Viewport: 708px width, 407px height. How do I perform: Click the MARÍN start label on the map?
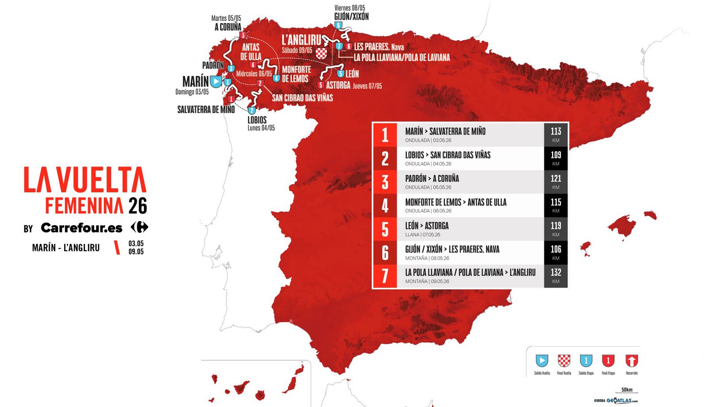click(x=195, y=81)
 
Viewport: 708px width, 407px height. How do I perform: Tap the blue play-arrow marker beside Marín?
click(x=215, y=82)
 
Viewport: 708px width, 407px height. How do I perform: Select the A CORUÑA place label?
click(x=228, y=27)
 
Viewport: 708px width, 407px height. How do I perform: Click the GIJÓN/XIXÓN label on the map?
click(x=351, y=17)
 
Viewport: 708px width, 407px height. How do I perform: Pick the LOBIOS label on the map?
click(x=257, y=120)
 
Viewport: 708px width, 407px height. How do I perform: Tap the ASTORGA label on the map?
click(x=338, y=85)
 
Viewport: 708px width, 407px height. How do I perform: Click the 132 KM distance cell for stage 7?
click(x=556, y=276)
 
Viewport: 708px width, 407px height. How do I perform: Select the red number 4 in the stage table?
click(x=385, y=206)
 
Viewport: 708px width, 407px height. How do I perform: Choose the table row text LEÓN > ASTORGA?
click(x=427, y=226)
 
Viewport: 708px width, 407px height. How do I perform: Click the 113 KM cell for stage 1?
click(x=556, y=134)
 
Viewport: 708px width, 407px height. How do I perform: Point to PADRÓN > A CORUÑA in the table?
click(x=432, y=179)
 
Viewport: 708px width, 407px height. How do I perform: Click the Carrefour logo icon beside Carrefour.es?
click(x=139, y=227)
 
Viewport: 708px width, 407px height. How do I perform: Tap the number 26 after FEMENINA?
click(x=138, y=206)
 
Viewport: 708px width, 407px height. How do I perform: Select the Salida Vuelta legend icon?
click(x=542, y=361)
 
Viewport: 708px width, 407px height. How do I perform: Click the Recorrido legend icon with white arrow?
click(x=631, y=361)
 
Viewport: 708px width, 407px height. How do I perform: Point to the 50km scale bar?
click(x=627, y=391)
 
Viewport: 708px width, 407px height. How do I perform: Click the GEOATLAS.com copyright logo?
click(x=616, y=400)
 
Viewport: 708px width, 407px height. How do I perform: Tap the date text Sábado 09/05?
click(x=297, y=50)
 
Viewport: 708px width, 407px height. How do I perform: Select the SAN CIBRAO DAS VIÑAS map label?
click(x=302, y=98)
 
